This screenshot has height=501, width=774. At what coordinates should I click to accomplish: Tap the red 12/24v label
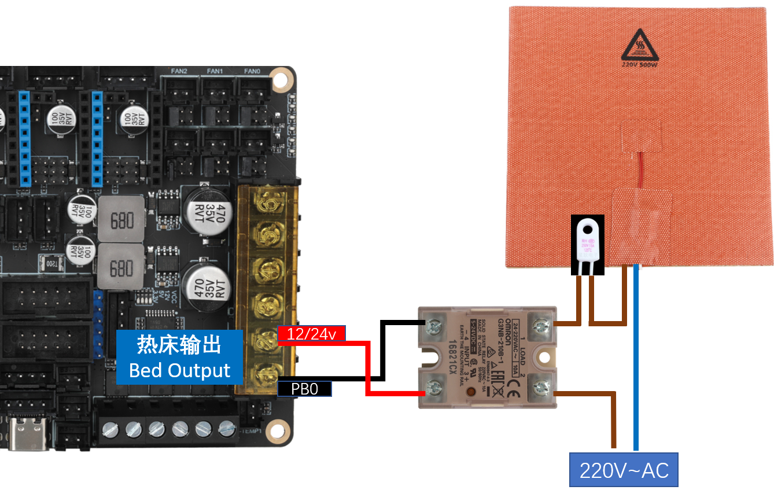(x=312, y=333)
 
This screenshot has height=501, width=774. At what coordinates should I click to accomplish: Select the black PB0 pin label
(x=304, y=389)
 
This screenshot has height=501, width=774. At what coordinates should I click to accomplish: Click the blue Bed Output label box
(x=179, y=357)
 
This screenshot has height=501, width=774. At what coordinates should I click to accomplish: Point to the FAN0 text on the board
(x=252, y=72)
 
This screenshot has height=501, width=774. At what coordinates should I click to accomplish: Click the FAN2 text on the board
(x=179, y=72)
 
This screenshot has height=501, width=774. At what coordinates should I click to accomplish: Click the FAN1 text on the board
(x=215, y=72)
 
